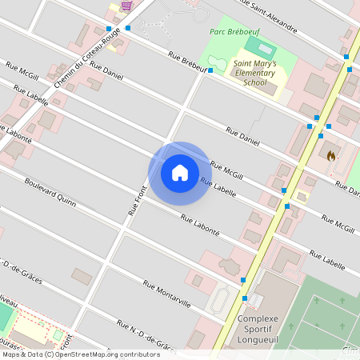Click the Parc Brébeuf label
click(x=233, y=32)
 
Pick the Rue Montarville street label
click(x=166, y=294)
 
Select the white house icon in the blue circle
click(x=179, y=172)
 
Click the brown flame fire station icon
click(x=330, y=155)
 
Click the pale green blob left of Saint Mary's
click(x=214, y=62)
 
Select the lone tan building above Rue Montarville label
click(x=82, y=276)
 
